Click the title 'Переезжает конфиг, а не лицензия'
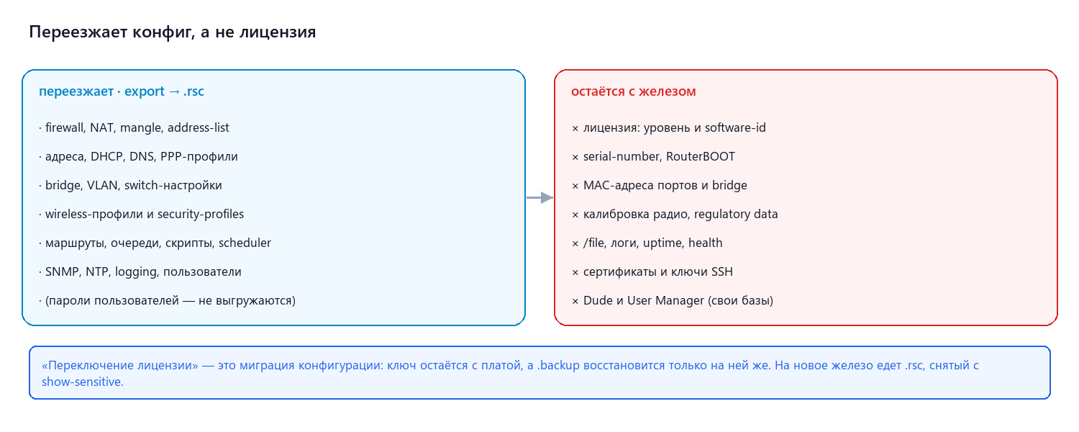click(x=173, y=32)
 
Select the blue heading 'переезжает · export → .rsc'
click(x=122, y=91)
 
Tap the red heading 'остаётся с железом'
click(x=634, y=91)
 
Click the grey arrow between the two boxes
click(x=539, y=197)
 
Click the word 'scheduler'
click(x=245, y=243)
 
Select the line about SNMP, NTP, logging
click(x=140, y=271)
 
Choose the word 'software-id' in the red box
click(x=735, y=127)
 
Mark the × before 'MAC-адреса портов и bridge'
click(x=575, y=186)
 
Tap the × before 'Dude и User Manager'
click(x=575, y=302)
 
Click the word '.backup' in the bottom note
click(x=558, y=365)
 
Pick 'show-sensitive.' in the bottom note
click(x=83, y=382)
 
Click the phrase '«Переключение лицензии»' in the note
click(x=120, y=365)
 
